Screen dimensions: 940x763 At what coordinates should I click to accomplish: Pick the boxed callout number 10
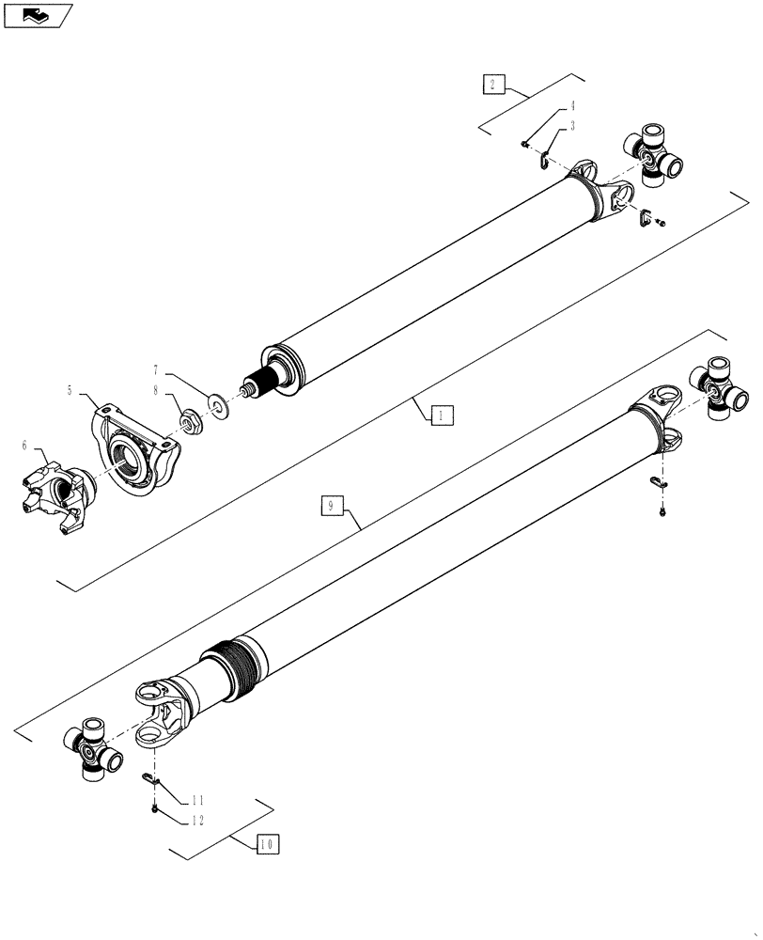268,844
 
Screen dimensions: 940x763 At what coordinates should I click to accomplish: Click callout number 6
23,446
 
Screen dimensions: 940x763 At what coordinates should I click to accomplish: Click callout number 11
196,801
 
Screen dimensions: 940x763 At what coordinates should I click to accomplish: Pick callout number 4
571,107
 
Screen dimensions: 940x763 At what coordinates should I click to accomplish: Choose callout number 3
571,124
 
